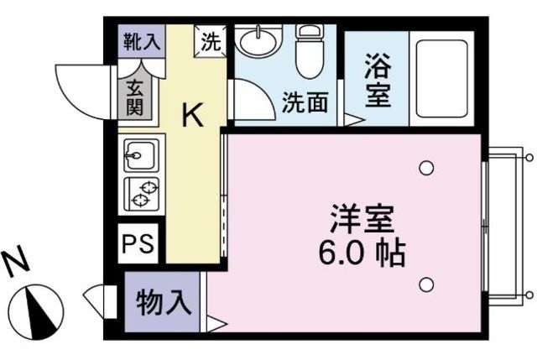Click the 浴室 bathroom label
click(377, 81)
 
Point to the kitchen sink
click(138, 155)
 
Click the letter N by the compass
click(18, 263)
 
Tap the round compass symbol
click(39, 308)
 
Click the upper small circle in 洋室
click(426, 169)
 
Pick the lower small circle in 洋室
click(426, 284)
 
